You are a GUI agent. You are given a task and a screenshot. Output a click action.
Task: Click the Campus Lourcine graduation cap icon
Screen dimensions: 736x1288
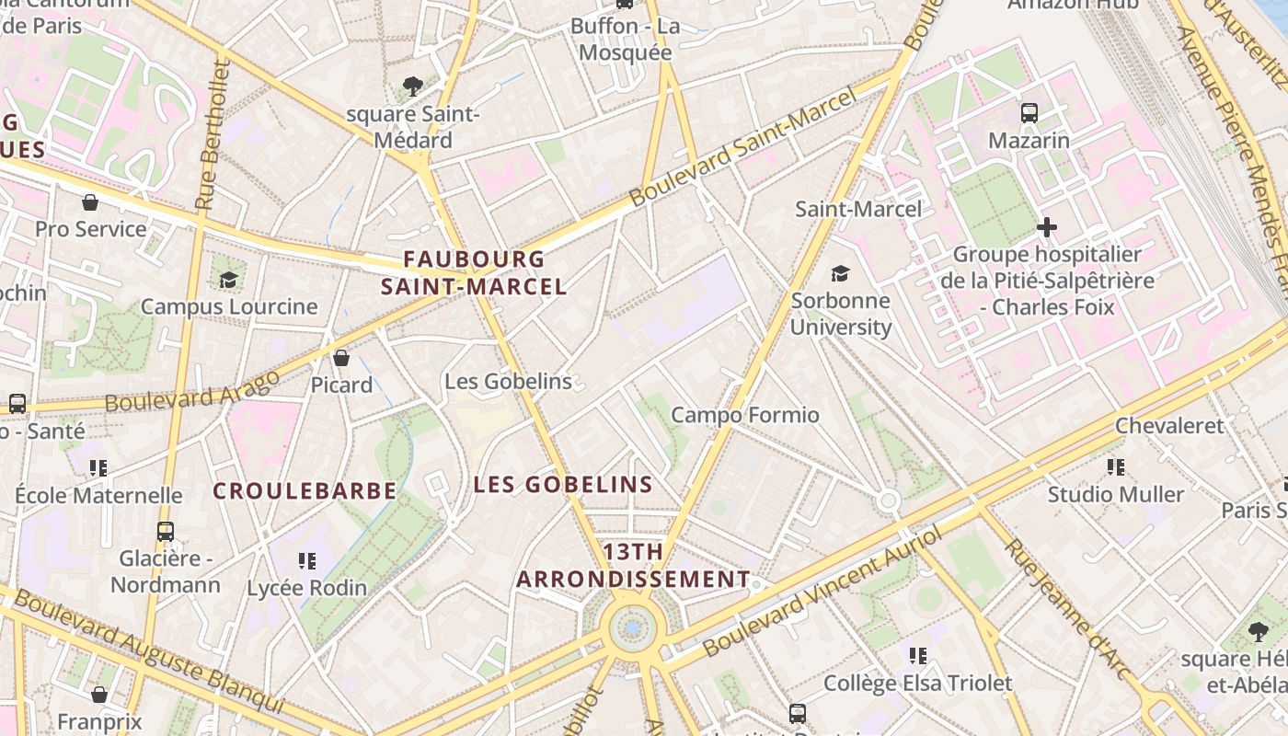click(x=228, y=279)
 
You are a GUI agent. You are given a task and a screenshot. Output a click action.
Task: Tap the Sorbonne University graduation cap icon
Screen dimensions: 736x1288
click(x=840, y=273)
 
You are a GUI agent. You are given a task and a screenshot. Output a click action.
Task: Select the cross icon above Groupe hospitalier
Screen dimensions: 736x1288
click(x=1046, y=226)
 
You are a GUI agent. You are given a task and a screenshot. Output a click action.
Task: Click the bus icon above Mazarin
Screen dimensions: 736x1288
click(x=1029, y=113)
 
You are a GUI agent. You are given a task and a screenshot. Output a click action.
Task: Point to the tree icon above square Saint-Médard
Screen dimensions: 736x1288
click(x=413, y=86)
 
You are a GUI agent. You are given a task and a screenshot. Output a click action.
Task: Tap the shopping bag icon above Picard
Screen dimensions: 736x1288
click(x=341, y=357)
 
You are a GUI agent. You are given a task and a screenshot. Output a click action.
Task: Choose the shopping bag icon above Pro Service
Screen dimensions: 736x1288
click(x=90, y=201)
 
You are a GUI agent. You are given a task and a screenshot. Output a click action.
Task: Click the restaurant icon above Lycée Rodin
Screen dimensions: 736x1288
click(x=306, y=560)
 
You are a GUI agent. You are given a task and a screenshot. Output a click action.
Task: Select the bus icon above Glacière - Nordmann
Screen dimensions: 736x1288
click(x=166, y=531)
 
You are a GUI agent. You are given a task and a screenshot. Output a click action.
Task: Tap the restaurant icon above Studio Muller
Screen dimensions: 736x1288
click(x=1116, y=467)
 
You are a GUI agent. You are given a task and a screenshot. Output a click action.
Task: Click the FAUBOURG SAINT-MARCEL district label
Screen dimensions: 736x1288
click(x=474, y=272)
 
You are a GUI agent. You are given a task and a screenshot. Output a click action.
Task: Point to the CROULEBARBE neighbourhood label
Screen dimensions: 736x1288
click(x=305, y=491)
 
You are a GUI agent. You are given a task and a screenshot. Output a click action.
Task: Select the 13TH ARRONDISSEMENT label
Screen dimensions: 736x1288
click(x=633, y=566)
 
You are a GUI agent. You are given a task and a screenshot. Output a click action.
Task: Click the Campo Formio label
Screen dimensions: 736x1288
click(x=744, y=415)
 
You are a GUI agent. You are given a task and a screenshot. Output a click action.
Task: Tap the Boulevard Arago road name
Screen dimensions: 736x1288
click(x=192, y=392)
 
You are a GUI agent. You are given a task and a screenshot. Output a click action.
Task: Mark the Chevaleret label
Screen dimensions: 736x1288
click(x=1169, y=426)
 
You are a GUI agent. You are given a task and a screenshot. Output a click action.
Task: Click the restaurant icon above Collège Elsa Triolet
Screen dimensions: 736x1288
click(x=917, y=655)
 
